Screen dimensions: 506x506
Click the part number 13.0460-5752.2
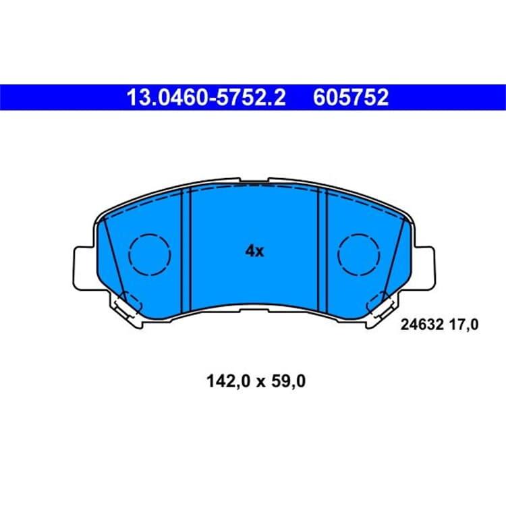pos(206,97)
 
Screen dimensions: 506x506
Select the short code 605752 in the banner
pos(351,97)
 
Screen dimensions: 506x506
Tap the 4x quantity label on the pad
pos(254,251)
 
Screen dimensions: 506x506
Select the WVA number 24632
pos(422,325)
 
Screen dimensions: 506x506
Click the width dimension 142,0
pos(228,381)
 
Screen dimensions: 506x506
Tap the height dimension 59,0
pos(288,381)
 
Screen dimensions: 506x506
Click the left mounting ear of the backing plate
pos(84,269)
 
